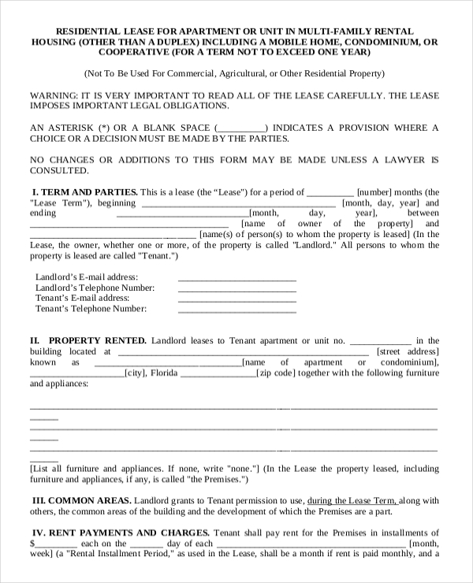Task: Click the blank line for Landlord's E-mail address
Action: tap(237, 279)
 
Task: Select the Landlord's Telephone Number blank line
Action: tap(237, 290)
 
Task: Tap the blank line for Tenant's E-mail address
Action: tap(237, 300)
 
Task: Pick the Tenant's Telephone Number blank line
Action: tap(237, 311)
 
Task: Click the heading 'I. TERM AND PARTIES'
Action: tap(84, 191)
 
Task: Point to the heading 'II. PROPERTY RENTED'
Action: tap(88, 340)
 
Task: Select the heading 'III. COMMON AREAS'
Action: tap(81, 500)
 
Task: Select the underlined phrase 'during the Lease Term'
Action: tap(352, 500)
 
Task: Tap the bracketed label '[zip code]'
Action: tap(275, 373)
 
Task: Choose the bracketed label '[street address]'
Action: tap(408, 351)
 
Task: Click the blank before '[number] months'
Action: tap(330, 193)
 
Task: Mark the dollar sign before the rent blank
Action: tap(32, 543)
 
